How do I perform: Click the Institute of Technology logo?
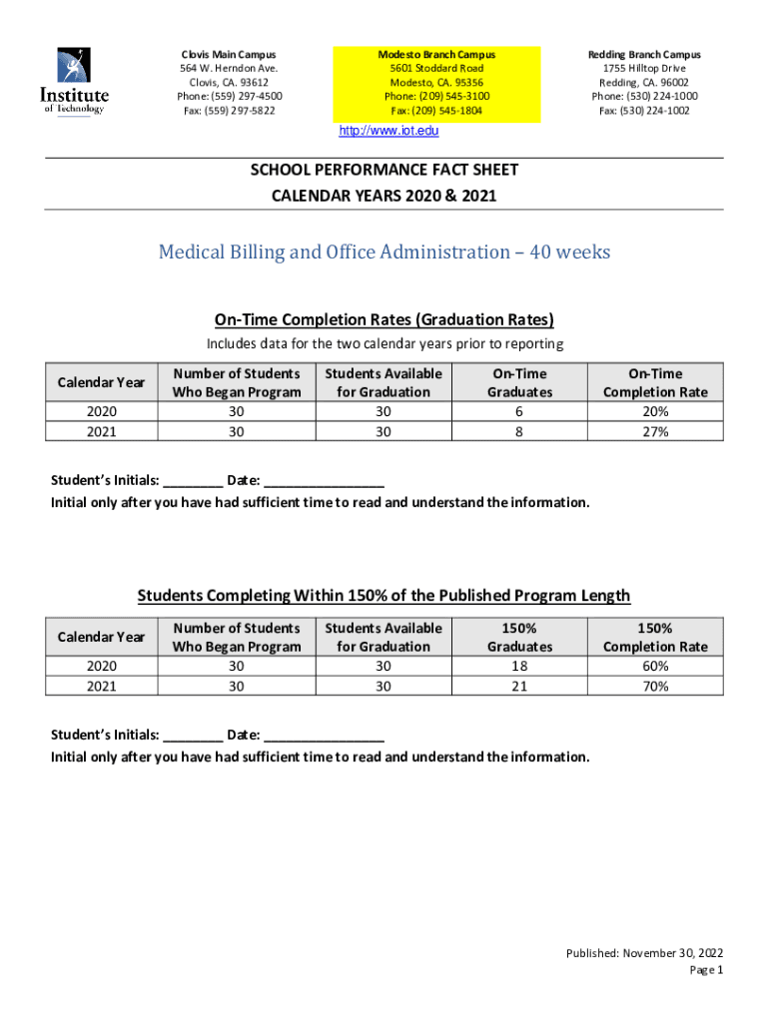(x=74, y=82)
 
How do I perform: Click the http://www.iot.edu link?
(x=388, y=131)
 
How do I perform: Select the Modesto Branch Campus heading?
(x=436, y=54)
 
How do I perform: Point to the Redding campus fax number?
(x=643, y=111)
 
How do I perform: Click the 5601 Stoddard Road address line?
(x=436, y=68)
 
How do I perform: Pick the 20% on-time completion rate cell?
(x=655, y=411)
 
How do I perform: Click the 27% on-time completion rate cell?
(x=655, y=431)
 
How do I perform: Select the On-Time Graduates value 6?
(x=518, y=411)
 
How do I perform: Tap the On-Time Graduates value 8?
(x=518, y=431)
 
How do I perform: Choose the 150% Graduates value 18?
(x=518, y=666)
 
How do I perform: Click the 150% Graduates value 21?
(x=518, y=686)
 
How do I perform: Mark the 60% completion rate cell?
(x=655, y=666)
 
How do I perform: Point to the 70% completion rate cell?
(x=655, y=686)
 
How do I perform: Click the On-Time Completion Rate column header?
(x=655, y=382)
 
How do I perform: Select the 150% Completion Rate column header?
(x=655, y=637)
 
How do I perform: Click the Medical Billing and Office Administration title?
(x=384, y=253)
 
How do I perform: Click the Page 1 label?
(x=705, y=969)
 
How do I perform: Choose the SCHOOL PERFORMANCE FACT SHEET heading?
(x=384, y=171)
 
